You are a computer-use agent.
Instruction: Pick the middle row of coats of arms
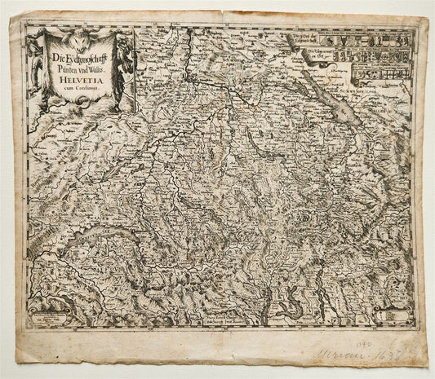point(375,57)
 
